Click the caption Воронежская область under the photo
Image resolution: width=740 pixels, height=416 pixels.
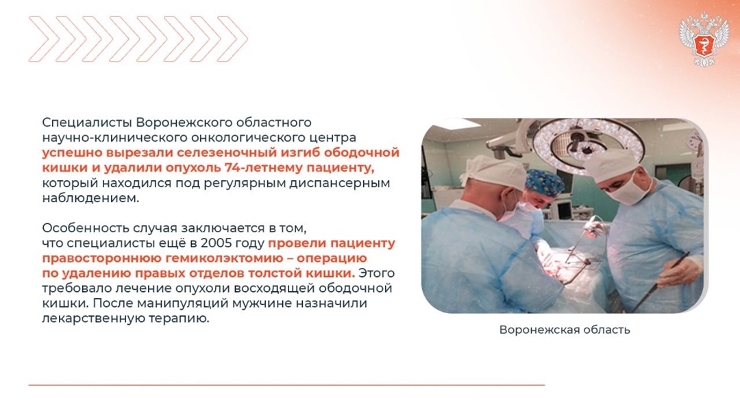[x=564, y=330]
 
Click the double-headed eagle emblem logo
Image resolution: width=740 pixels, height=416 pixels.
[x=703, y=38]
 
